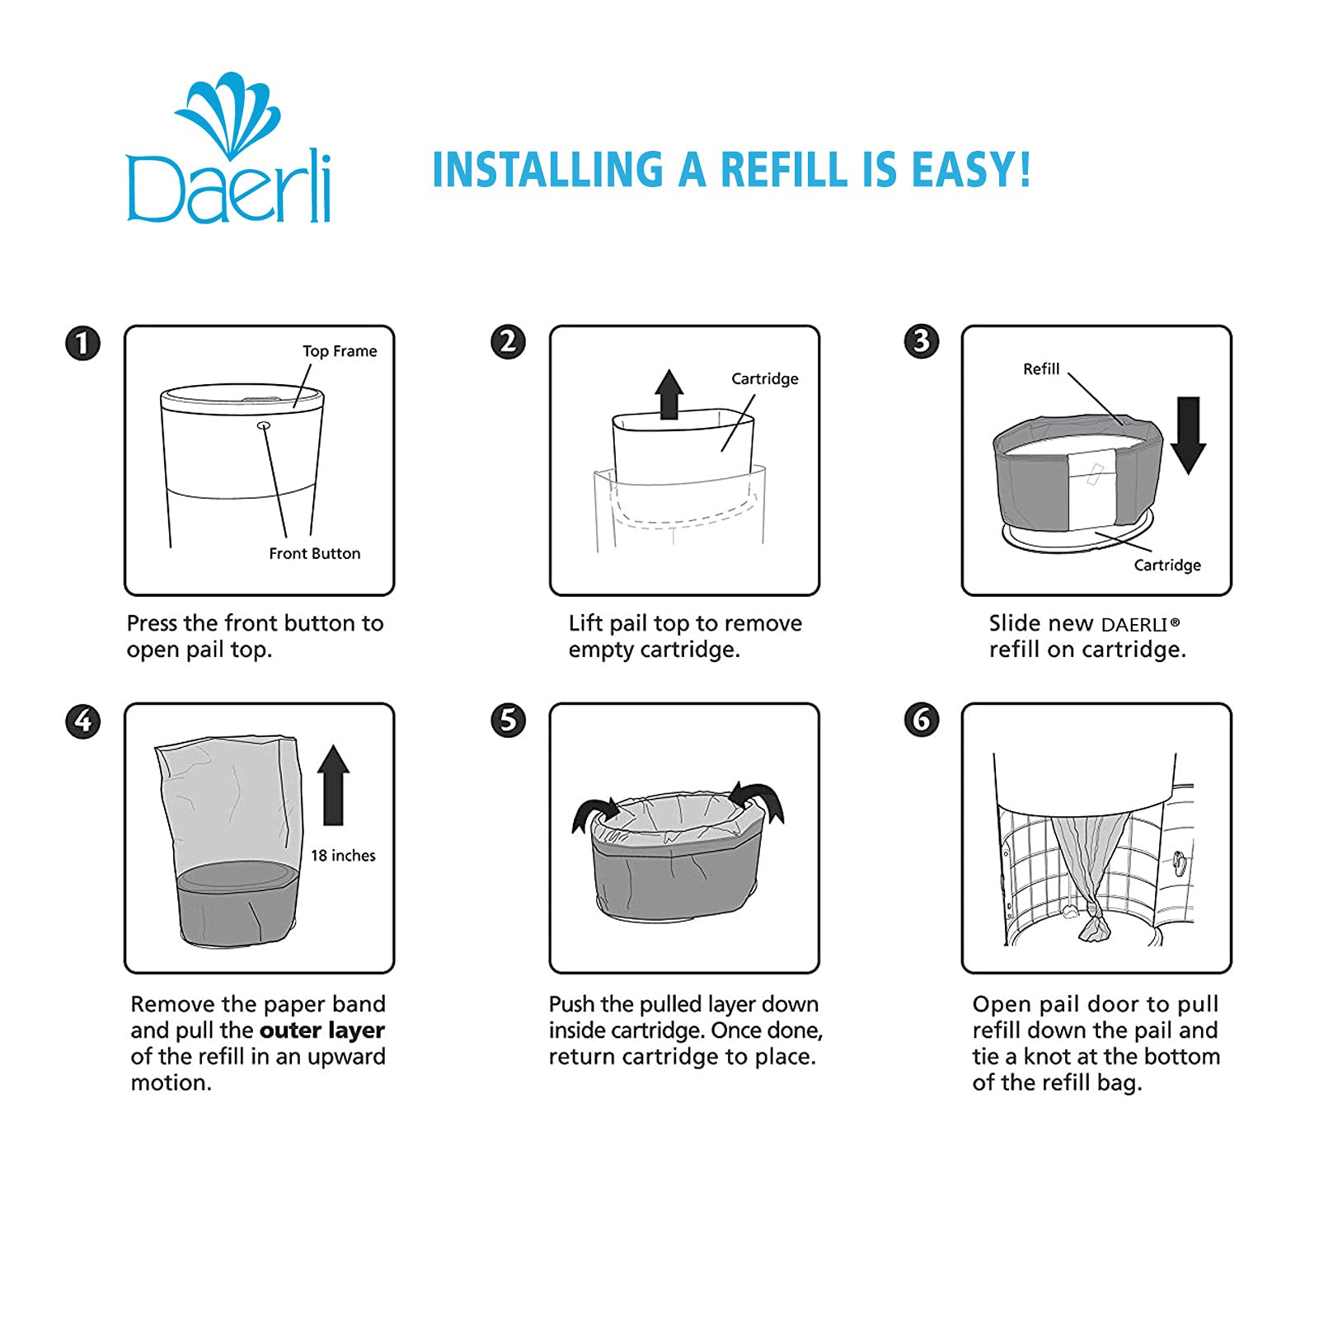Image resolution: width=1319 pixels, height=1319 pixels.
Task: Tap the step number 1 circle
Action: click(82, 343)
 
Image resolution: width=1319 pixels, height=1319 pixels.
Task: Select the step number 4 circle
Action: click(82, 721)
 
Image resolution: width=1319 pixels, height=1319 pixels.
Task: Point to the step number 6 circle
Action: click(922, 720)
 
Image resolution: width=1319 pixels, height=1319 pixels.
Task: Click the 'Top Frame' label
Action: click(340, 351)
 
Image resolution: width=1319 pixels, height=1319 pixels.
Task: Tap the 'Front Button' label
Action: click(315, 553)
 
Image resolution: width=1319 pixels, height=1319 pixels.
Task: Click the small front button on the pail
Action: click(264, 425)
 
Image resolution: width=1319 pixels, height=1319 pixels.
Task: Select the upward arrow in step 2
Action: click(669, 394)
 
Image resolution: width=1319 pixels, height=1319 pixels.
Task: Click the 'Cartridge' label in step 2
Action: click(765, 378)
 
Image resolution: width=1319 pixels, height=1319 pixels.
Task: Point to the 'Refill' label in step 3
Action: click(1041, 368)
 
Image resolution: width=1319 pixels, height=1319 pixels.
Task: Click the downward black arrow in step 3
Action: click(1188, 435)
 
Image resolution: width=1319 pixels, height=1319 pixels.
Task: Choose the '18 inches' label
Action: click(343, 856)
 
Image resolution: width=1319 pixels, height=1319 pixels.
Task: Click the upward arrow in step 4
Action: click(333, 785)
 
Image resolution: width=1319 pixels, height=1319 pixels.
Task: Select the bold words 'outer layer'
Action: click(322, 1030)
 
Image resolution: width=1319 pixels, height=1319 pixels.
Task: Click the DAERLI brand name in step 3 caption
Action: click(1134, 624)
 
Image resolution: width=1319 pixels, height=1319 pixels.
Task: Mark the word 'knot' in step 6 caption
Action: click(1049, 1056)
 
